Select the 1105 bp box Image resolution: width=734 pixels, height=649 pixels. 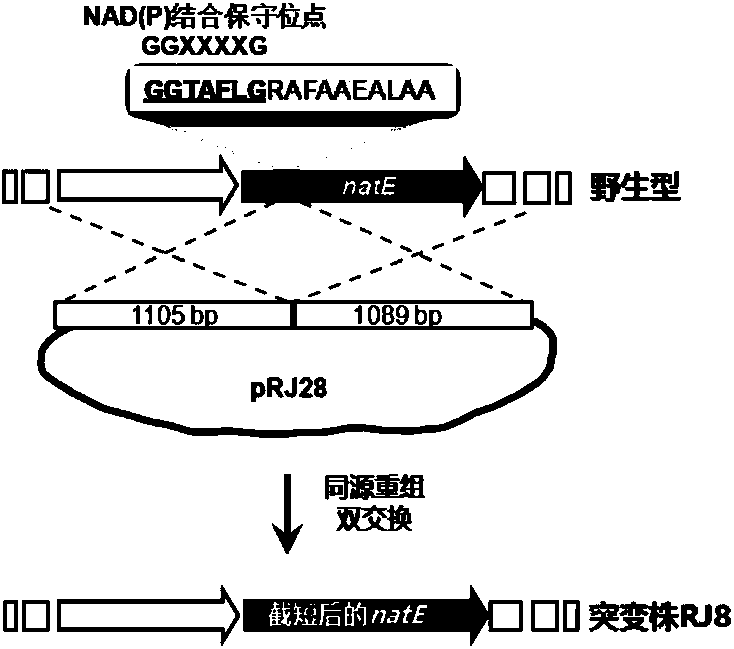pyautogui.click(x=173, y=315)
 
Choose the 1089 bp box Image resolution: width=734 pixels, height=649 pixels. pyautogui.click(x=413, y=315)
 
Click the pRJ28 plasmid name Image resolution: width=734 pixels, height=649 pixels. pyautogui.click(x=288, y=390)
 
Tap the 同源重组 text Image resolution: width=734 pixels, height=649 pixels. pyautogui.click(x=374, y=488)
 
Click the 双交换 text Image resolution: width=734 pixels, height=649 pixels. pyautogui.click(x=374, y=519)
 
